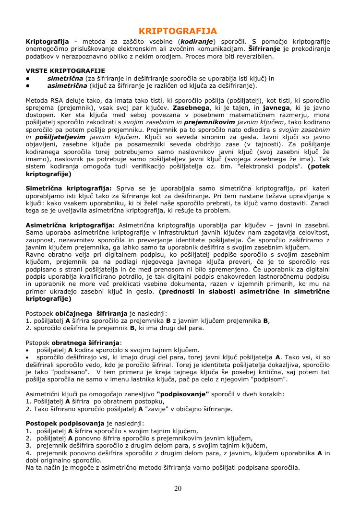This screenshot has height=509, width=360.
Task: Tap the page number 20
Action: point(178,489)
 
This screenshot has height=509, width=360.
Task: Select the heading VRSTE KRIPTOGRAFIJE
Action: point(65,71)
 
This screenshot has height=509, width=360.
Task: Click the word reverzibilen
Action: point(252,56)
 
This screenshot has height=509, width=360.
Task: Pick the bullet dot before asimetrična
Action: point(28,86)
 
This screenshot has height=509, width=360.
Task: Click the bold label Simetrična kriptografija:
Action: point(68,189)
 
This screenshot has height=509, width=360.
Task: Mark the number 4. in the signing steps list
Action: point(28,453)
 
